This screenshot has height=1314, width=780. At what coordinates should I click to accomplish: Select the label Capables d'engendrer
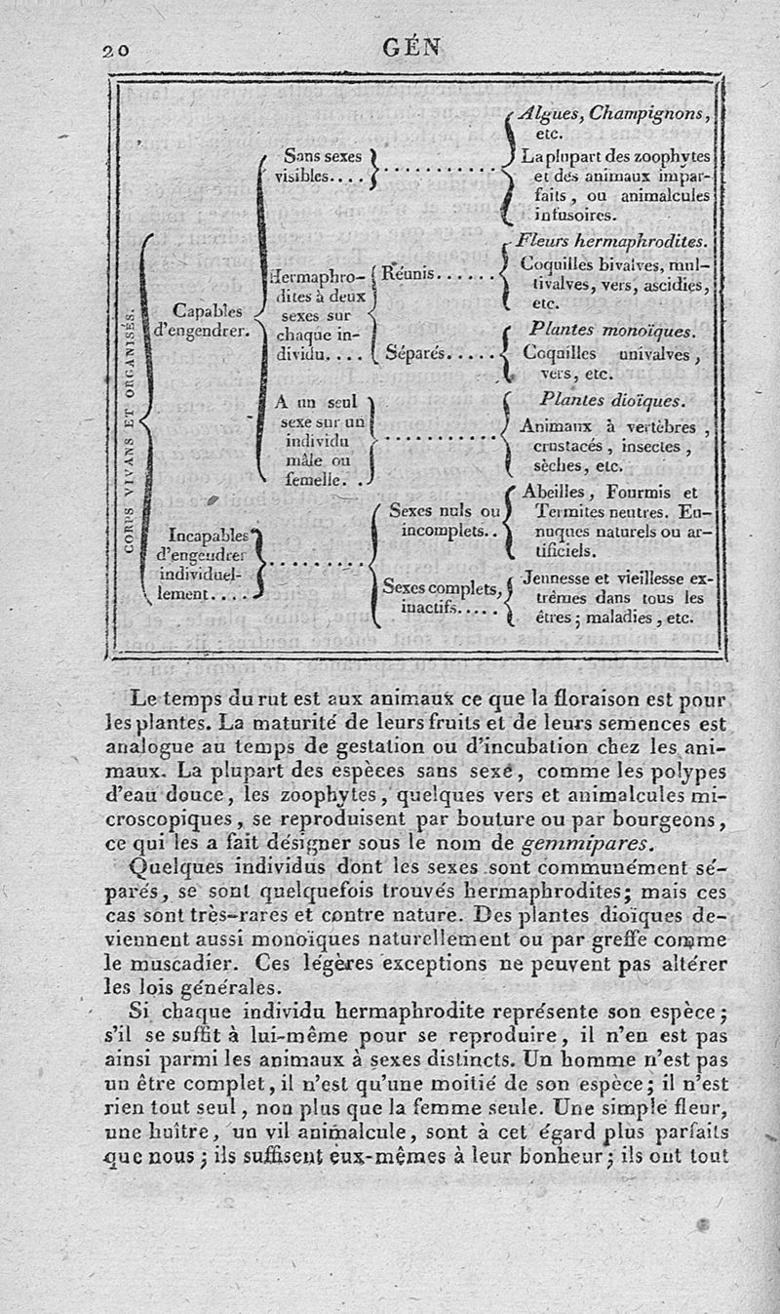205,320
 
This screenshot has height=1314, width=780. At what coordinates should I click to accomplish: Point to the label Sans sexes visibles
320,166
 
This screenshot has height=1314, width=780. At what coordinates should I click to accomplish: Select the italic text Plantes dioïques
612,401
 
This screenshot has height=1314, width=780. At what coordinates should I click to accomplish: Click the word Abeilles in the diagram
555,492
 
